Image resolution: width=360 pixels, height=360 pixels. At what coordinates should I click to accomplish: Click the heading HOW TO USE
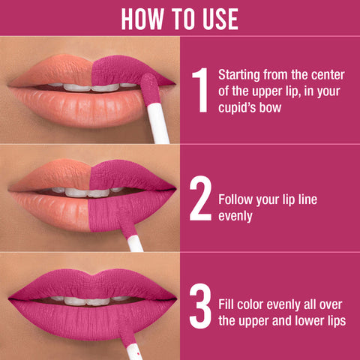tap(180, 18)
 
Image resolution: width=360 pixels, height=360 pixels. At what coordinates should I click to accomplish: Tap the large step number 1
tap(199, 91)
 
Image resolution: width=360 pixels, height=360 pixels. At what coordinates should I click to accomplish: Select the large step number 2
tap(200, 199)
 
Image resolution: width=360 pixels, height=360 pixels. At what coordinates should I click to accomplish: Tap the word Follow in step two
tap(235, 200)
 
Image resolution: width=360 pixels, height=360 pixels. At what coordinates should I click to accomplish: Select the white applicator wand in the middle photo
tap(134, 243)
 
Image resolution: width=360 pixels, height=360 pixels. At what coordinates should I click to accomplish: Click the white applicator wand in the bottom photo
tap(133, 349)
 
